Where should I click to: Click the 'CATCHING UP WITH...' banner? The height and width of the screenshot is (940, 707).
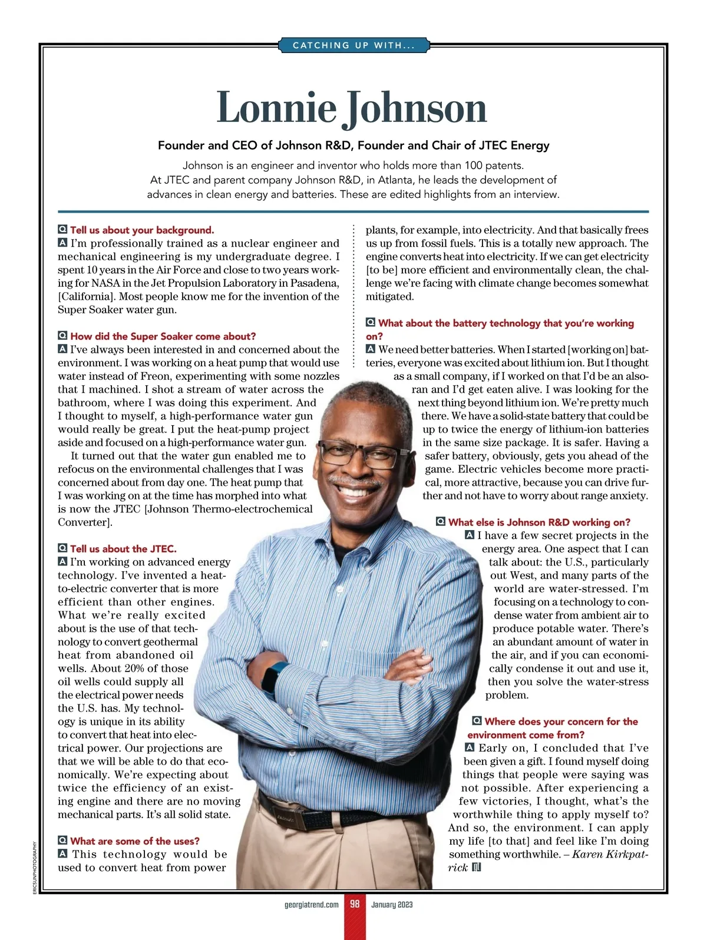point(353,45)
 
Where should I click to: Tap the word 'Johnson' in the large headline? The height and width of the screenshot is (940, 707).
point(416,109)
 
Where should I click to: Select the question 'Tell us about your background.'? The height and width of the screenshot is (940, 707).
point(142,230)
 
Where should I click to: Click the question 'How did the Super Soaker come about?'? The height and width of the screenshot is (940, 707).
point(163,336)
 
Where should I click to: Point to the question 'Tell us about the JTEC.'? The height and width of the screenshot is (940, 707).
point(123,549)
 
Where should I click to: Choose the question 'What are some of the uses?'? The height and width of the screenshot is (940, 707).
point(135,841)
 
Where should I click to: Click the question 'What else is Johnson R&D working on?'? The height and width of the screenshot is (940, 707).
point(539,522)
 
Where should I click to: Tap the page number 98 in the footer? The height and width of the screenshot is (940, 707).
point(355,904)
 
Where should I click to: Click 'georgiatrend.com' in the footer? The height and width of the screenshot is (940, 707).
point(312,905)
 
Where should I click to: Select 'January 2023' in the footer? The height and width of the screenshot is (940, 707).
point(392,905)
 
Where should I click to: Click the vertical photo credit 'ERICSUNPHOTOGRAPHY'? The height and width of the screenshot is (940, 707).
point(35,868)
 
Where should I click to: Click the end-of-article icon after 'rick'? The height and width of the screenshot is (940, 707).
point(477,868)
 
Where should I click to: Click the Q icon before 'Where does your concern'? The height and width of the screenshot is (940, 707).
point(477,721)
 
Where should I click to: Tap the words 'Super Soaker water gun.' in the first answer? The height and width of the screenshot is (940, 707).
point(117,310)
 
